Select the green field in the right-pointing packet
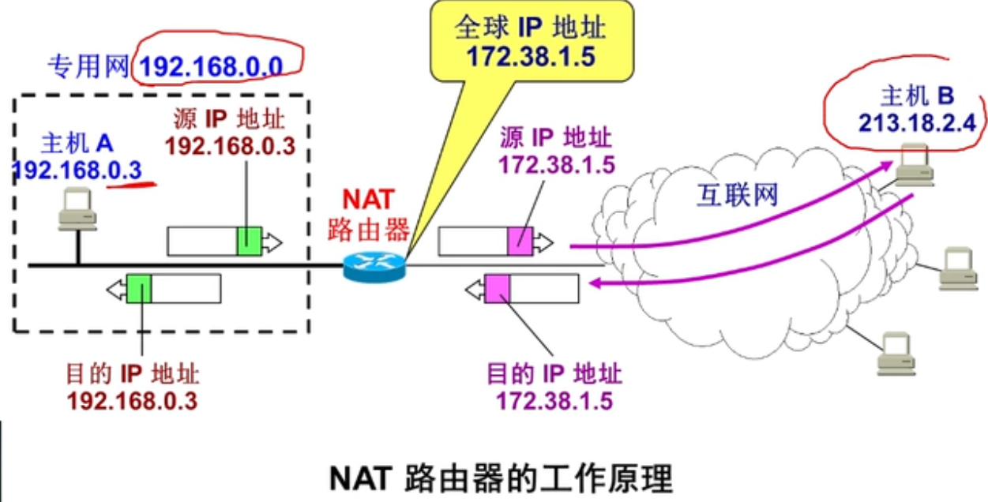(x=249, y=242)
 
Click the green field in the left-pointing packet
(x=139, y=289)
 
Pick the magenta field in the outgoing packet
(x=520, y=241)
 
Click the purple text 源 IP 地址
(x=555, y=139)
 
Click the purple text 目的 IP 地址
(x=554, y=373)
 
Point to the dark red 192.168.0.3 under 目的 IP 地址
(x=132, y=400)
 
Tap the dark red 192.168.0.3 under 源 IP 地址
(x=229, y=147)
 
